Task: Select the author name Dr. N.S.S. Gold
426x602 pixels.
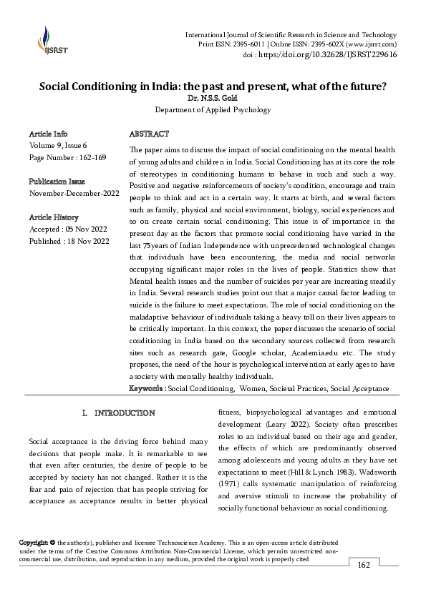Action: (213, 98)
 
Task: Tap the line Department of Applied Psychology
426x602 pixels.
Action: (213, 110)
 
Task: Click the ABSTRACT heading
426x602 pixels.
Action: (149, 134)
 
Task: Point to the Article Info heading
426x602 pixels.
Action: (49, 134)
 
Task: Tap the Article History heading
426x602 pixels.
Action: (54, 217)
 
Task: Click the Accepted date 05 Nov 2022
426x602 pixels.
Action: (87, 229)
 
